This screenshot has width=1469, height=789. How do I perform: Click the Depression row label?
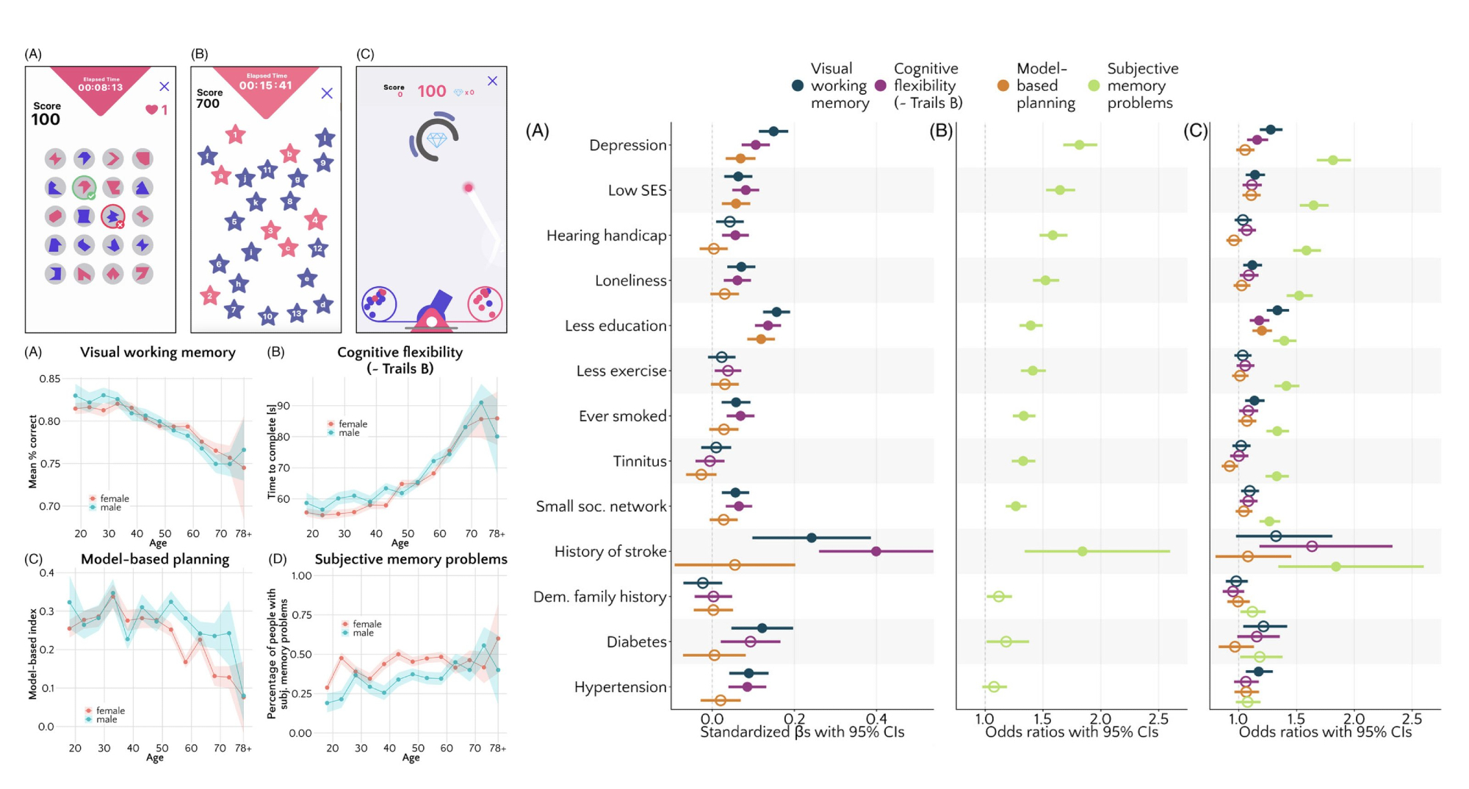click(x=627, y=145)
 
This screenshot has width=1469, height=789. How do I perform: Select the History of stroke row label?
click(x=610, y=552)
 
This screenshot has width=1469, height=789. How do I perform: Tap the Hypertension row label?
click(x=620, y=687)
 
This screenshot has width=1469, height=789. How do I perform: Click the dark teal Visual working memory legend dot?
click(x=798, y=86)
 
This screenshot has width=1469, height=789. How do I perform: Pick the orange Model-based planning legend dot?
click(x=1003, y=86)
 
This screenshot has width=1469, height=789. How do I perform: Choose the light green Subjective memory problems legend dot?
click(x=1094, y=86)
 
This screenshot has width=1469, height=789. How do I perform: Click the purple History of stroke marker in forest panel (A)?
click(x=876, y=551)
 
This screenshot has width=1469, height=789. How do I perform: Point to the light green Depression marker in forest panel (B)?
click(x=1079, y=145)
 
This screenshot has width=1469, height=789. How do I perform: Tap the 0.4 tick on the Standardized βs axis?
click(x=876, y=719)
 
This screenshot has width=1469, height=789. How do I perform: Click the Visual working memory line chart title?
click(x=157, y=352)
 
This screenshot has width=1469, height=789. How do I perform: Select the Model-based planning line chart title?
click(x=154, y=559)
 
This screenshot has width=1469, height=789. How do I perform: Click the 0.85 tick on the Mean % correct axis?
click(x=50, y=379)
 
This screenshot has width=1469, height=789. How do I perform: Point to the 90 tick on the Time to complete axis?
click(x=283, y=406)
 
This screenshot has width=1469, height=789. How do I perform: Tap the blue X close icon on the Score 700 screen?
click(x=327, y=93)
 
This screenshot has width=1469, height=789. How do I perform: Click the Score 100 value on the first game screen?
click(x=46, y=120)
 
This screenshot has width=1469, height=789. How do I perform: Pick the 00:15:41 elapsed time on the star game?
click(x=265, y=86)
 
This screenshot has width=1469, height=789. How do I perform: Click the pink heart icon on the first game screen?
click(x=151, y=109)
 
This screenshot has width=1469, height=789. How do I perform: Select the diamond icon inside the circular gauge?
click(x=436, y=139)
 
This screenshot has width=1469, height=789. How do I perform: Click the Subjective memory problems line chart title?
click(x=411, y=559)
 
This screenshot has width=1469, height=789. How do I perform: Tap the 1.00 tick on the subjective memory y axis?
click(x=301, y=576)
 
